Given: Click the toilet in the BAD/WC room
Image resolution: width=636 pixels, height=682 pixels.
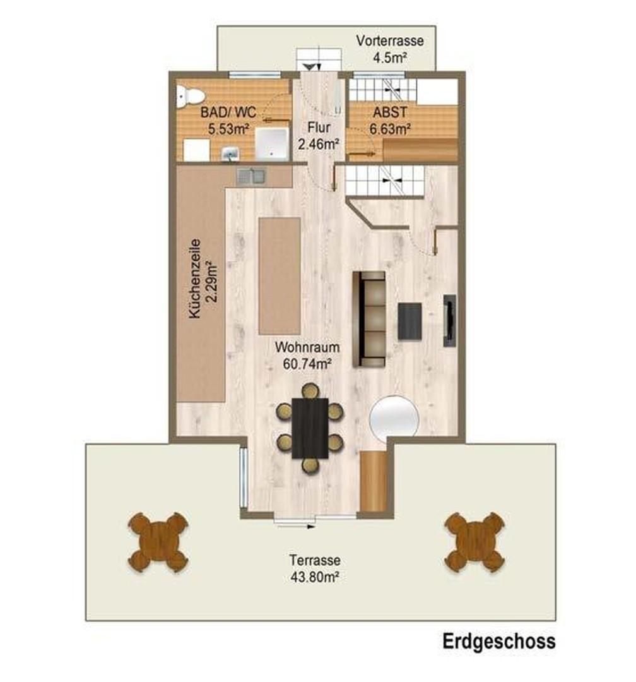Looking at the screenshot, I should coord(189,96).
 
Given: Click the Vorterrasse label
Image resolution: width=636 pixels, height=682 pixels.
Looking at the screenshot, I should coord(389,42).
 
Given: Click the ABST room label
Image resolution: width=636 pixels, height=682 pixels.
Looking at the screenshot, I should coord(389,114).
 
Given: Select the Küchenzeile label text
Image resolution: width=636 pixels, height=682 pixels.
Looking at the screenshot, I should coord(196,278).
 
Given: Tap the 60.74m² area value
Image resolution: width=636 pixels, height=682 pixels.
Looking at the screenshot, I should coord(307,362).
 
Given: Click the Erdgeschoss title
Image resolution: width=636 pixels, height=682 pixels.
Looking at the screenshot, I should coord(498,642).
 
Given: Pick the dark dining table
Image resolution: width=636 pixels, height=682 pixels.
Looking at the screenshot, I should coord(310,428).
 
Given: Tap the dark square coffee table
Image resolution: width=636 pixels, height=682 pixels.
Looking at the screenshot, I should coord(409,321).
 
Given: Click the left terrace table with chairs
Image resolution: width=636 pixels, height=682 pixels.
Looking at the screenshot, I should coord(158,542).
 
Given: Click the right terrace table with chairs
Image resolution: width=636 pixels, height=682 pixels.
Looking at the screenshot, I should coord(474,542).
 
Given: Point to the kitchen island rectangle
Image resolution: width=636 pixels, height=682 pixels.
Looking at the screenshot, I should coord(280,275).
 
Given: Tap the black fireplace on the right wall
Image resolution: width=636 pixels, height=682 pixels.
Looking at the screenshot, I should coord(450,320).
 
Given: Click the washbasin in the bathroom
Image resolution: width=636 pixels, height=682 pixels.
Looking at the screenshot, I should coord(230,153).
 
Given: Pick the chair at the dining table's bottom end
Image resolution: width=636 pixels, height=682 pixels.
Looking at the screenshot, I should coord(310,465).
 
